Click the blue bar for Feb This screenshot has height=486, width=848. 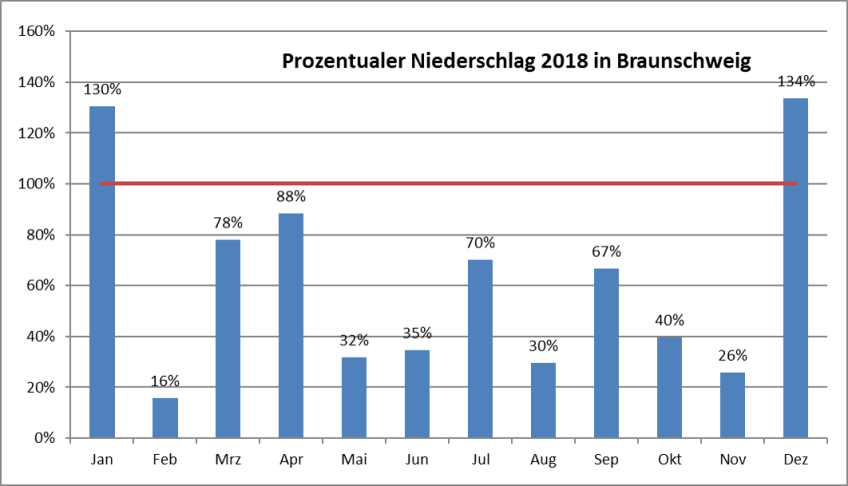(x=165, y=417)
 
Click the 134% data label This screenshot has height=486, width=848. (x=796, y=81)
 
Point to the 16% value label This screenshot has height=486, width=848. (x=165, y=380)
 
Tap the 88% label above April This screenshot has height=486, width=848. (x=291, y=196)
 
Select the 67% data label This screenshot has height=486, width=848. (x=606, y=250)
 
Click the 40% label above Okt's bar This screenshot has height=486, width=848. (x=669, y=320)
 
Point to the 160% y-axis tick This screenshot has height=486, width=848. (x=36, y=31)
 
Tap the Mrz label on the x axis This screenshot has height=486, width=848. (x=228, y=459)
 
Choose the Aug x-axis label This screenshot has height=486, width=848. (x=543, y=459)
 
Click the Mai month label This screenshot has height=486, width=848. (x=354, y=459)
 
